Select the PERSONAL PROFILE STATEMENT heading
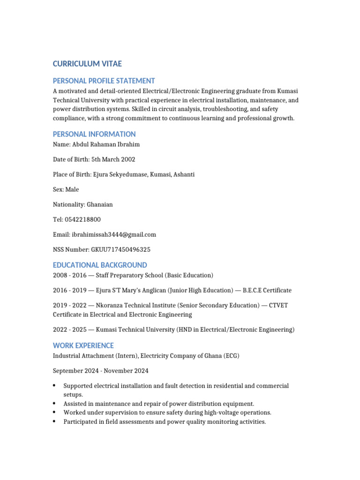104,81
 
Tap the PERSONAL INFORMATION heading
94,134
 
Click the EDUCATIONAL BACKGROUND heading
100,265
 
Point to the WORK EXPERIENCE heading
83,345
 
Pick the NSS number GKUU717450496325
121,249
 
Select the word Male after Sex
72,189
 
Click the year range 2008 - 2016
70,275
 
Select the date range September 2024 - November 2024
100,371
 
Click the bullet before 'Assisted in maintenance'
55,404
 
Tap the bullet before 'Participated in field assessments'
55,421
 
